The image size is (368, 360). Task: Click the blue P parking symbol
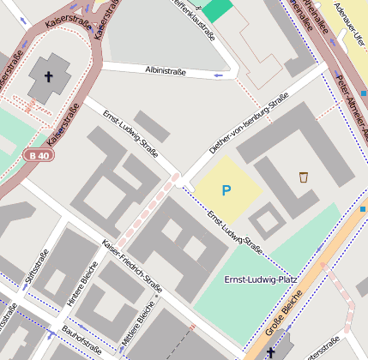tap(226, 190)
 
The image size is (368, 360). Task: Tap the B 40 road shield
tap(37, 155)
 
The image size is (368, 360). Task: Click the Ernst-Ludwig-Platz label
tap(260, 280)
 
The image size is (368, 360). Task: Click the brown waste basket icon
tap(304, 177)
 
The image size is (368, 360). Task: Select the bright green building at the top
tap(218, 9)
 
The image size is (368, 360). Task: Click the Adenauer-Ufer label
tap(354, 25)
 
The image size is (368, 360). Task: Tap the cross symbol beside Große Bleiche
tap(271, 352)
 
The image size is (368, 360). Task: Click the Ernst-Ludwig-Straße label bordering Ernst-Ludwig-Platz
tap(233, 232)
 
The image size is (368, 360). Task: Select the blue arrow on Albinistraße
tap(219, 75)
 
